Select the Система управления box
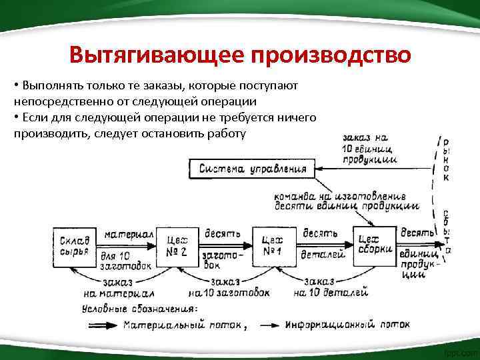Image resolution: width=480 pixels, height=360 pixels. pos(253,169)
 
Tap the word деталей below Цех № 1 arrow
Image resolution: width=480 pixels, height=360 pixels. pos(323,255)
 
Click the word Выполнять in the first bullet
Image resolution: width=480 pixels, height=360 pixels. pos(48,87)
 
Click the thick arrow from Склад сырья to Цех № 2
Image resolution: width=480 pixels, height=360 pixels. pos(123,245)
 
